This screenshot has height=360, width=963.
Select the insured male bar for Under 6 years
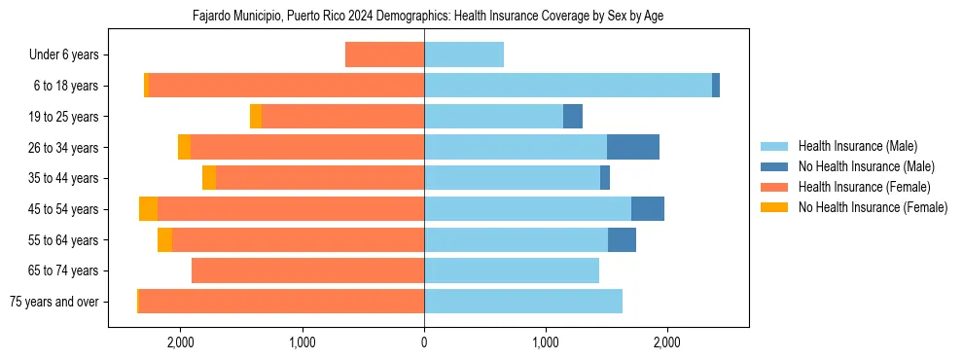point(464,54)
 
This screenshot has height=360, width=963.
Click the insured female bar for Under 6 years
point(384,54)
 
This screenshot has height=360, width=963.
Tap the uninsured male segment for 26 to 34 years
point(633,147)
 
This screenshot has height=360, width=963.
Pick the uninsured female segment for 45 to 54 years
point(148,209)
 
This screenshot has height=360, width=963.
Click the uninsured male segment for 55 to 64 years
point(622,239)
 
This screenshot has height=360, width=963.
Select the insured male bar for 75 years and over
point(523,302)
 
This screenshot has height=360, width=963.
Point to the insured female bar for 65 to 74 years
point(307,270)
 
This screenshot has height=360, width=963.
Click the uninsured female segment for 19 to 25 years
point(256,117)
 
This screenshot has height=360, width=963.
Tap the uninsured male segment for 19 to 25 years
point(573,117)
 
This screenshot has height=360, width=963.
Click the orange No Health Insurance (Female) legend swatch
point(775,207)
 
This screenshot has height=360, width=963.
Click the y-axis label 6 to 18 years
point(66,86)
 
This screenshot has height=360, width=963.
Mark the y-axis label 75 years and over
point(54,302)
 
